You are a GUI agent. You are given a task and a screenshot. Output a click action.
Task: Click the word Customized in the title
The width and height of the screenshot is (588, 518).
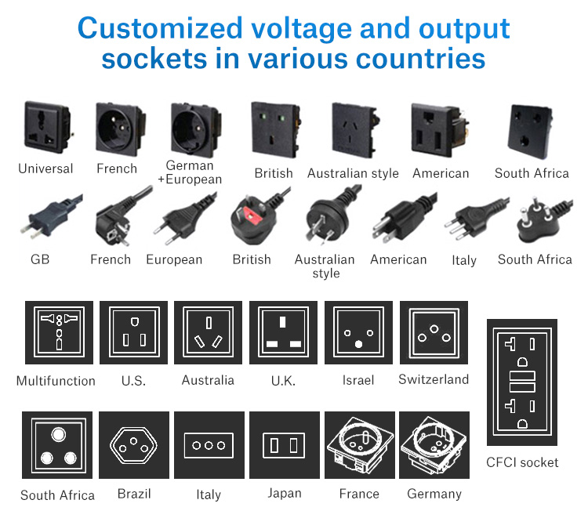point(160,28)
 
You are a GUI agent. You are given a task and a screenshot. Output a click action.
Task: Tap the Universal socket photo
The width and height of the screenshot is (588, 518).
point(48,128)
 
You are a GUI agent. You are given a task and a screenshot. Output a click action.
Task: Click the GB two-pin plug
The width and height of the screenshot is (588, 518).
point(51,217)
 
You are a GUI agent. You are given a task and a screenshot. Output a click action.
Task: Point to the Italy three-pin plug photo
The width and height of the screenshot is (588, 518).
point(476,219)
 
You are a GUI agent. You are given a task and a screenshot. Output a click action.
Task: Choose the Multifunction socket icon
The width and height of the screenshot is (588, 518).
point(59,332)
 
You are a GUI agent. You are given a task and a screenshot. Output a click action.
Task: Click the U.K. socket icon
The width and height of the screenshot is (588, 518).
point(283,332)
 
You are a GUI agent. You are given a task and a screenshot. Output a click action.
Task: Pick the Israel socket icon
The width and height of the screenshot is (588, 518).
point(358,332)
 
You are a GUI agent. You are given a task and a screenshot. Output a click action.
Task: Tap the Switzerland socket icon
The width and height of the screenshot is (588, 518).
point(434,332)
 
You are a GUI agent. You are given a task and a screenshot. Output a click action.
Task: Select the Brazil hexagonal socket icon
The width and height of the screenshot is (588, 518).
point(134,445)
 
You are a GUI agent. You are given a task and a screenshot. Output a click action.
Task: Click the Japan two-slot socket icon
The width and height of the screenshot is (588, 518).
point(285,445)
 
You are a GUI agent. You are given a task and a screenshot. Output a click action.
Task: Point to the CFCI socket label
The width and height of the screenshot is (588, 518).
point(522,462)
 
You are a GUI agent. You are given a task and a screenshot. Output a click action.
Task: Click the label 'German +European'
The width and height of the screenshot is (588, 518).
point(190,172)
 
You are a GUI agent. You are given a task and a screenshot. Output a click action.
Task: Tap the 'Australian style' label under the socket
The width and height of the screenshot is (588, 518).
point(353,173)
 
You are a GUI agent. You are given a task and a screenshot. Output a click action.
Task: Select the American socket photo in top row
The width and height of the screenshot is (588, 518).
point(440,129)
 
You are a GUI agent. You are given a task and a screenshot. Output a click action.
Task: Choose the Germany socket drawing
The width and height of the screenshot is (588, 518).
point(434,445)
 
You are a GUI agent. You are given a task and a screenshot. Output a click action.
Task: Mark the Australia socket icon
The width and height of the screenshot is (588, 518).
point(208,332)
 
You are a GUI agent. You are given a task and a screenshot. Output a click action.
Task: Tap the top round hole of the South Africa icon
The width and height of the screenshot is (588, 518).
point(58,434)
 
